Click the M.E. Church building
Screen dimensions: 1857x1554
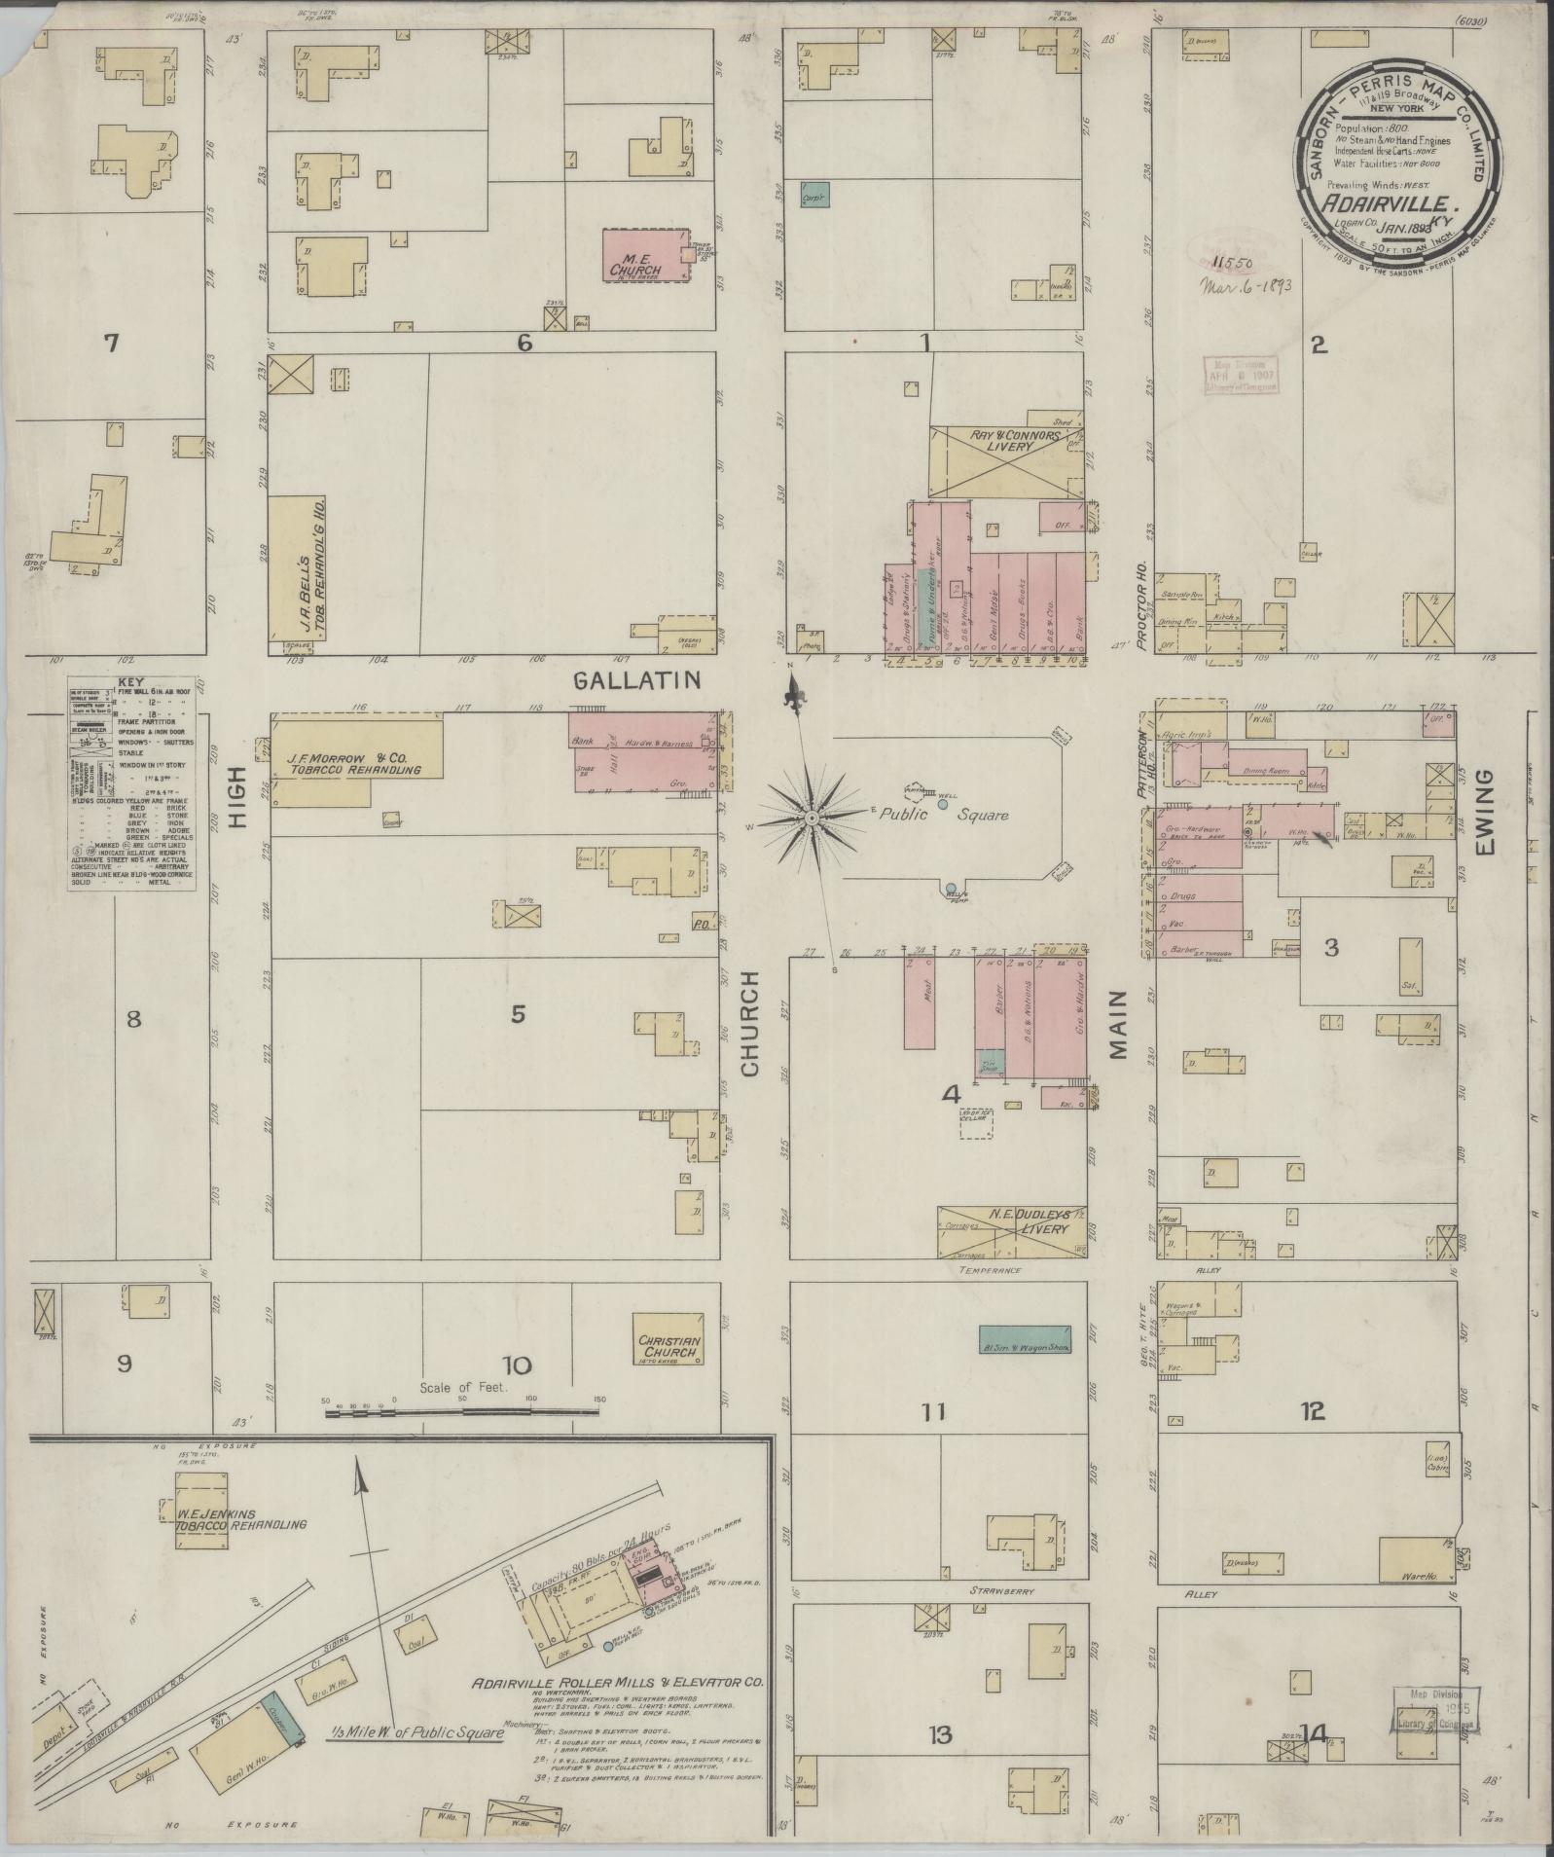644,256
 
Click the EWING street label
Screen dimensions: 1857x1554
1483,815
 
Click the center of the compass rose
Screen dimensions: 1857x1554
811,819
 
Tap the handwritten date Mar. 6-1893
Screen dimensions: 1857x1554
1245,286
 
